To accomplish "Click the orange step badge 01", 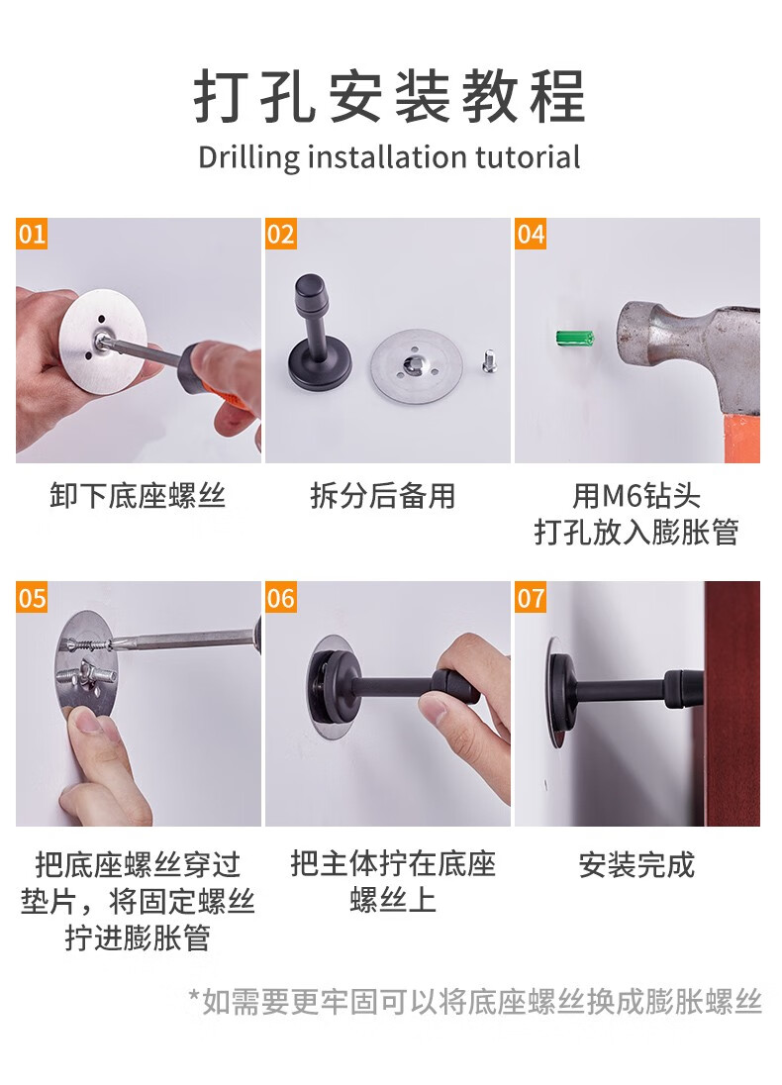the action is click(31, 234).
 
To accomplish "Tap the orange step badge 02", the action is click(281, 234).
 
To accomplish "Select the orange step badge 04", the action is click(531, 234).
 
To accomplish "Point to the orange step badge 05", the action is click(31, 597).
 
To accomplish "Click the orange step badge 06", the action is click(281, 597).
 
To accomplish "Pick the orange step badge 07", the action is click(531, 597).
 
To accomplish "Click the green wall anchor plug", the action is click(575, 339).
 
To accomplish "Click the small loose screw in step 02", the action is click(489, 360).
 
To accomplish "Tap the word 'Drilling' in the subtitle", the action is click(249, 157).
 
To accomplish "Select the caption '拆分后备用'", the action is click(383, 496).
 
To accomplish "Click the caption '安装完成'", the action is click(636, 865).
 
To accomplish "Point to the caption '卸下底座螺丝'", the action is click(138, 496).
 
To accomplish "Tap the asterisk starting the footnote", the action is click(194, 997).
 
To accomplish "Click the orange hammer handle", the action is click(741, 439).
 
